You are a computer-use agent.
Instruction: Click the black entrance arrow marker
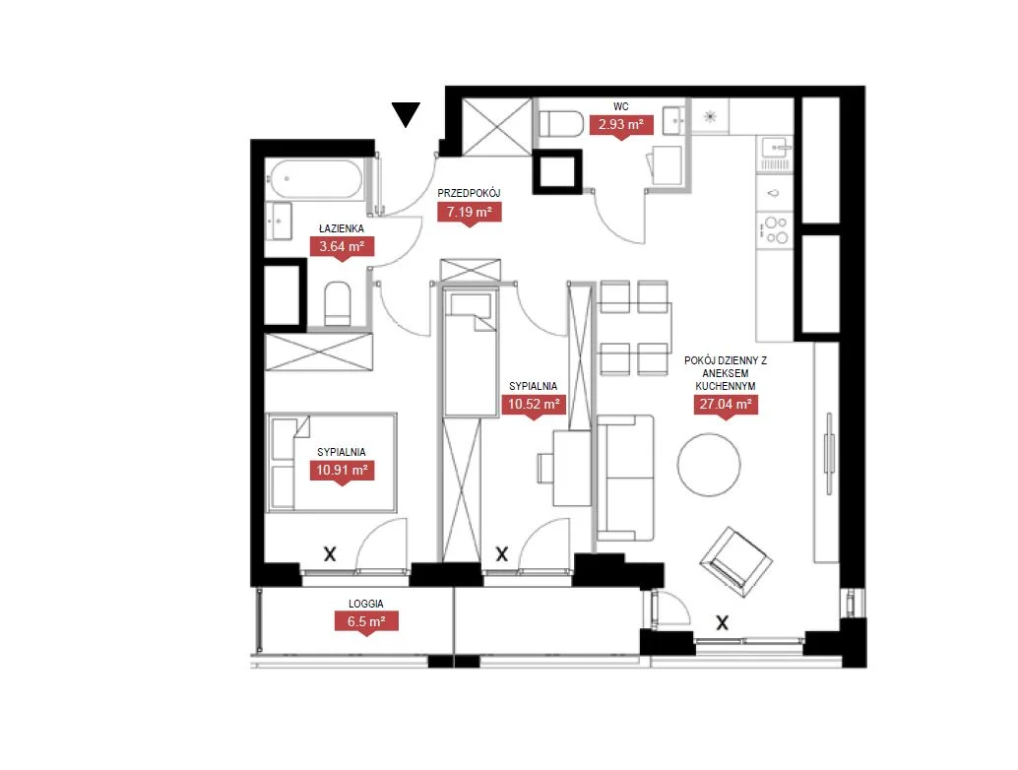(406, 114)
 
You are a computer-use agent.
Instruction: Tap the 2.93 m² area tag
(621, 125)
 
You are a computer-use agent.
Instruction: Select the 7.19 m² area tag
(470, 213)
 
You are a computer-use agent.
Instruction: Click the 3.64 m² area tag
(342, 248)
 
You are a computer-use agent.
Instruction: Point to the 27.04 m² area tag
(726, 405)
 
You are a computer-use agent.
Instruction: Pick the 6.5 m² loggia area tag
(366, 622)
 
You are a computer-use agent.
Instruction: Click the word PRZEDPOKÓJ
(469, 193)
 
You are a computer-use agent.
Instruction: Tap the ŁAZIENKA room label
(342, 228)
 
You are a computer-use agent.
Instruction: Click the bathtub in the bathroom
(315, 179)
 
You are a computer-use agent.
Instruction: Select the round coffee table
(709, 465)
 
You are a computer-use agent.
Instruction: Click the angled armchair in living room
(736, 561)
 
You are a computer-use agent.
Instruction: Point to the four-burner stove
(775, 229)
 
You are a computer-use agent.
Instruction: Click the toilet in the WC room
(561, 124)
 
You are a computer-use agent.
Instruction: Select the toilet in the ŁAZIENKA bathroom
(338, 303)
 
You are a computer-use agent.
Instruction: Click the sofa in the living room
(625, 479)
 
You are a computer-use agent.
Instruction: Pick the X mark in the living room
(722, 623)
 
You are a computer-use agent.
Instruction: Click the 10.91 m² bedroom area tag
(343, 472)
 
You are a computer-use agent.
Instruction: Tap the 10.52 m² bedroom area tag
(534, 405)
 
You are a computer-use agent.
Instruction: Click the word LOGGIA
(366, 604)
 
